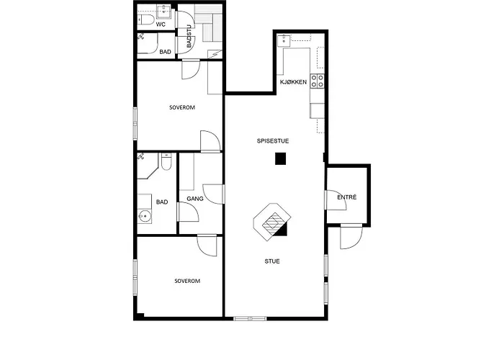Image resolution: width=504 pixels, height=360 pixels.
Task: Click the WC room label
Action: pyautogui.click(x=161, y=24)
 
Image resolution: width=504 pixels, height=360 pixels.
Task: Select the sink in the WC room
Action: pyautogui.click(x=165, y=11)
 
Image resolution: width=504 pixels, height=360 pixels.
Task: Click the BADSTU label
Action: pyautogui.click(x=189, y=37)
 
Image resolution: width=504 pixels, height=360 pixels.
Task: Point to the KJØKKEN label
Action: pyautogui.click(x=294, y=82)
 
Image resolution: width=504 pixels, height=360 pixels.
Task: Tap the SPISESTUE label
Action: pyautogui.click(x=273, y=141)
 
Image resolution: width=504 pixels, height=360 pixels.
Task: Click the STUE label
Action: pyautogui.click(x=271, y=261)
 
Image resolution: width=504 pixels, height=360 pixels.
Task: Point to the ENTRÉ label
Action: pyautogui.click(x=347, y=197)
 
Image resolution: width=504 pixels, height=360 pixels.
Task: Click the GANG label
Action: pyautogui.click(x=195, y=199)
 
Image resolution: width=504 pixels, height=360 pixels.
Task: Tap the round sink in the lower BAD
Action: pyautogui.click(x=145, y=216)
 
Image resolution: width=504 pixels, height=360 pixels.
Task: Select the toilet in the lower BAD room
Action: pyautogui.click(x=166, y=164)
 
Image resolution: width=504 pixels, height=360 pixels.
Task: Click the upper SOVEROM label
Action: pyautogui.click(x=182, y=108)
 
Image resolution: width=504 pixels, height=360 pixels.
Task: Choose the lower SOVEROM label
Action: pyautogui.click(x=186, y=280)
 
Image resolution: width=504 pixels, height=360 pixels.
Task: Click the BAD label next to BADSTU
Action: pyautogui.click(x=166, y=52)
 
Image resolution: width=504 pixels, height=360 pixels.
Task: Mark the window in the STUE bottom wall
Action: pyautogui.click(x=248, y=318)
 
